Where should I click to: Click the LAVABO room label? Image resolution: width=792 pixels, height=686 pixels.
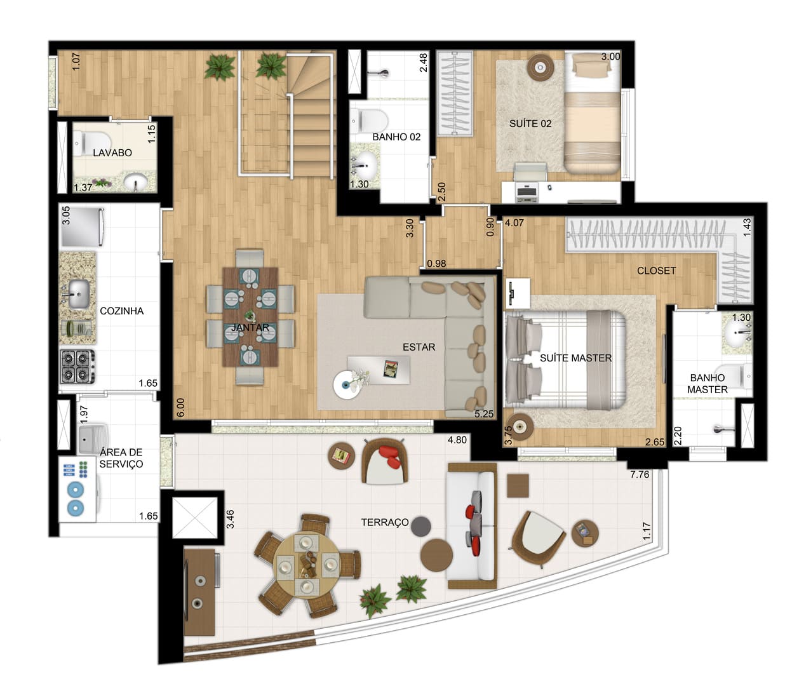pyautogui.click(x=112, y=153)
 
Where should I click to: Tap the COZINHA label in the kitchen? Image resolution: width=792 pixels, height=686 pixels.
pyautogui.click(x=121, y=311)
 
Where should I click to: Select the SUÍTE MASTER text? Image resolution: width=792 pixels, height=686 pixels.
pyautogui.click(x=575, y=358)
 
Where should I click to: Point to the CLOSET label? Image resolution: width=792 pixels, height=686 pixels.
pyautogui.click(x=656, y=271)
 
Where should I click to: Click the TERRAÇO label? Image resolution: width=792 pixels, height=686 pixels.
pyautogui.click(x=385, y=522)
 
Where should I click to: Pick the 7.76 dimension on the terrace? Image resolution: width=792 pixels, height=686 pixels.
pyautogui.click(x=640, y=474)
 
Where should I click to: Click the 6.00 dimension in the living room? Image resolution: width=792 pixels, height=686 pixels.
pyautogui.click(x=181, y=407)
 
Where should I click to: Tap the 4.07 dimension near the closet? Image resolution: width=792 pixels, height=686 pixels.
pyautogui.click(x=514, y=223)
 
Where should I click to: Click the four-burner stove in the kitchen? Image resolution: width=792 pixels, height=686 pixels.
pyautogui.click(x=77, y=367)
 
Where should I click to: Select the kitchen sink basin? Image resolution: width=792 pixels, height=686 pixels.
pyautogui.click(x=79, y=294)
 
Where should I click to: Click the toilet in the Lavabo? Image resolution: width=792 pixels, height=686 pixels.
pyautogui.click(x=91, y=144)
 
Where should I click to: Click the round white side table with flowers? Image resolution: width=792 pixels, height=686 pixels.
pyautogui.click(x=347, y=385)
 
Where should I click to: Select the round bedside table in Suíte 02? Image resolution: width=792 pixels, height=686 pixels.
pyautogui.click(x=540, y=68)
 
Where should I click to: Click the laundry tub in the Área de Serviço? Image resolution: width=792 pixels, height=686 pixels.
pyautogui.click(x=93, y=439)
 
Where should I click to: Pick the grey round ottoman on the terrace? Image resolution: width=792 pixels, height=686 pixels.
pyautogui.click(x=420, y=527)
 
